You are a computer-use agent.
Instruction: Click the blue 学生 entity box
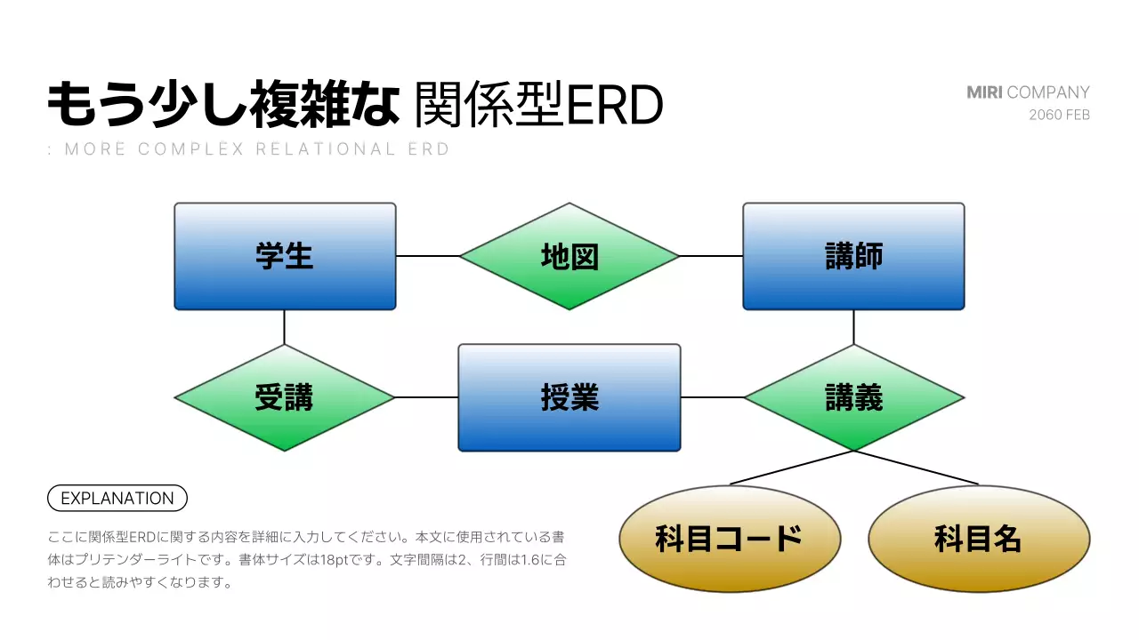285,256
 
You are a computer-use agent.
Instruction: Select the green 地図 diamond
569,256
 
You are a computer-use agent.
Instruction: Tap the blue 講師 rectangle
853,256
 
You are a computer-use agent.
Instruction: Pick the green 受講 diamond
285,397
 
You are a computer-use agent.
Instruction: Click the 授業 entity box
569,397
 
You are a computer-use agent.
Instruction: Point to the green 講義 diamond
853,397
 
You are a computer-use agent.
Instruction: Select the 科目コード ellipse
730,539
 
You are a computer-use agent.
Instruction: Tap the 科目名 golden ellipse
979,539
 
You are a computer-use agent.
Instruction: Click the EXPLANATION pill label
117,499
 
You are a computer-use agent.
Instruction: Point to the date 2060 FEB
1059,115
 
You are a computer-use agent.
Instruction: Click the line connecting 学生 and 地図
427,256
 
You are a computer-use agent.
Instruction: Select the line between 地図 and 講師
712,256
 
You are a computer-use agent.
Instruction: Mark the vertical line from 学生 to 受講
285,327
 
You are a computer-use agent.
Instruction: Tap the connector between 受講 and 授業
427,397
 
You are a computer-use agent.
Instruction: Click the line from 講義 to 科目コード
792,468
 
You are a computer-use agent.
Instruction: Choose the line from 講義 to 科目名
917,468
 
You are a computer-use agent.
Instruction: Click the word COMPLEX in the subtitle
190,149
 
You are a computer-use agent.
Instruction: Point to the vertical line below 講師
853,327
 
